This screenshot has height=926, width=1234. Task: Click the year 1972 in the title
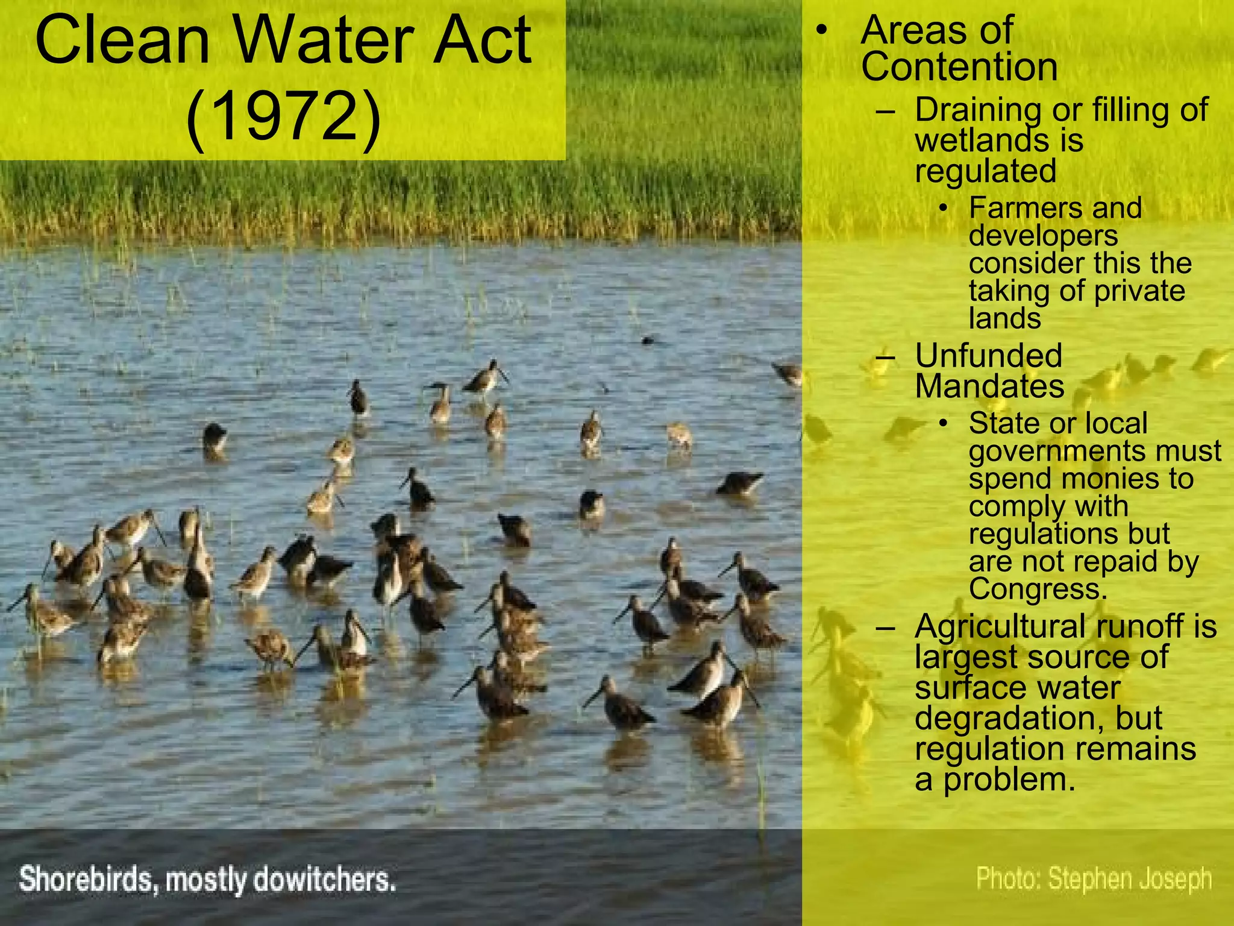pos(284,116)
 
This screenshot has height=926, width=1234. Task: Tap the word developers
pos(1043,235)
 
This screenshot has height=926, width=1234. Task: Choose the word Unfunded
pos(988,355)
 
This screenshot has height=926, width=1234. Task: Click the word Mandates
pos(989,386)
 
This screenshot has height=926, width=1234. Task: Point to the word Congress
pos(1038,589)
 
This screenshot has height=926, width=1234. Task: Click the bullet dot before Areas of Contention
pos(821,30)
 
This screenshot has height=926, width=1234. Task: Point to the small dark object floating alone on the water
pos(648,341)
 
